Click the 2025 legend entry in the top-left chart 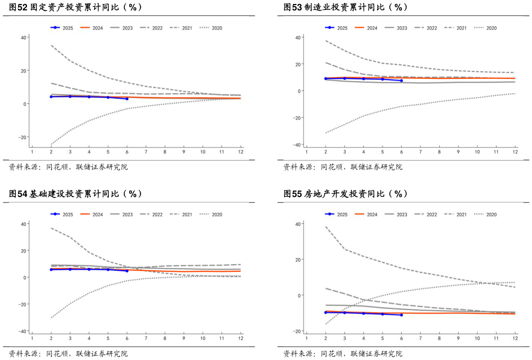coord(62,28)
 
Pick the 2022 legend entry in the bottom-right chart coord(426,214)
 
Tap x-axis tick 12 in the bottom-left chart coord(241,339)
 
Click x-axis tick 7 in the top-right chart coord(420,152)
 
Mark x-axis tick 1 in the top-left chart coord(32,152)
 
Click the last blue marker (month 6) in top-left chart coord(127,99)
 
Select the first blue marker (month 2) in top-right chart coord(325,78)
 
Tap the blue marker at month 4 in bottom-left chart coord(89,269)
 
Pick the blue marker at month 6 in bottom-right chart coord(401,315)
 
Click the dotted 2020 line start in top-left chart coord(51,144)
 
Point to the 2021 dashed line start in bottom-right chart coord(325,227)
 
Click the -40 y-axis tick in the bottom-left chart coord(22,331)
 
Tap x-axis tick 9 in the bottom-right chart coord(458,339)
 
